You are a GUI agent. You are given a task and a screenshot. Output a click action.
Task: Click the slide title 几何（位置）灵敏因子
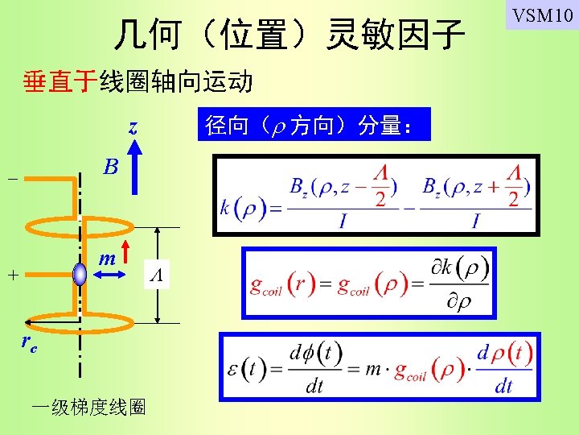point(289,34)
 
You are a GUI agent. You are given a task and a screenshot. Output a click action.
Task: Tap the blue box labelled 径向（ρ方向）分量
point(314,125)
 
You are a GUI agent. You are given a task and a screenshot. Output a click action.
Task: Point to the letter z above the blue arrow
point(133,127)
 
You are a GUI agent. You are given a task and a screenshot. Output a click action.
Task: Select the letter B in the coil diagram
point(111,167)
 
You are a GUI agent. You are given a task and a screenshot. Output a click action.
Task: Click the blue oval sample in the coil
point(80,274)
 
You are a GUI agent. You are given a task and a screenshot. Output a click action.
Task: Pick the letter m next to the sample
point(106,259)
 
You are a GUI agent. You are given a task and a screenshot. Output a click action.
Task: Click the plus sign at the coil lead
point(12,275)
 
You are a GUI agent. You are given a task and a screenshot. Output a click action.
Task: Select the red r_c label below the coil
point(30,344)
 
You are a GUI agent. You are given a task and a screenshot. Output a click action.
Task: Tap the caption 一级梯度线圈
point(88,408)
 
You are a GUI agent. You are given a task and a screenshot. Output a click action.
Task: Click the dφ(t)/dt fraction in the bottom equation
point(314,369)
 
